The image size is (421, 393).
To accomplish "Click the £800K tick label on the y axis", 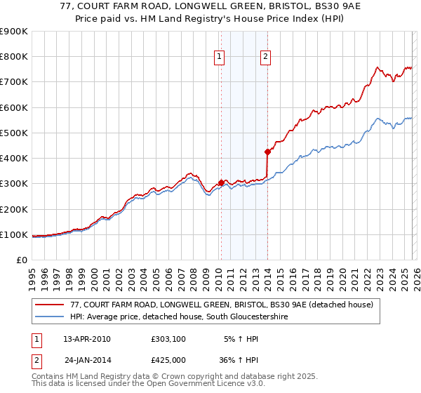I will click(14, 57).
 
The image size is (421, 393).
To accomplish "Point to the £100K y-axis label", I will click(14, 234).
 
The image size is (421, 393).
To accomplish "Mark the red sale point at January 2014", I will click(267, 152).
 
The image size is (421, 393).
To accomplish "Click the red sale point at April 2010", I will click(221, 182).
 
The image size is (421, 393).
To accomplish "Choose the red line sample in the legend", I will click(49, 305).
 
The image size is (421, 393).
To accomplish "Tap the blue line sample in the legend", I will click(49, 317).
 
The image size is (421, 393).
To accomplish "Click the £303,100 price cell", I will click(168, 339).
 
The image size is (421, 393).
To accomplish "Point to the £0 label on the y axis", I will click(20, 260).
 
